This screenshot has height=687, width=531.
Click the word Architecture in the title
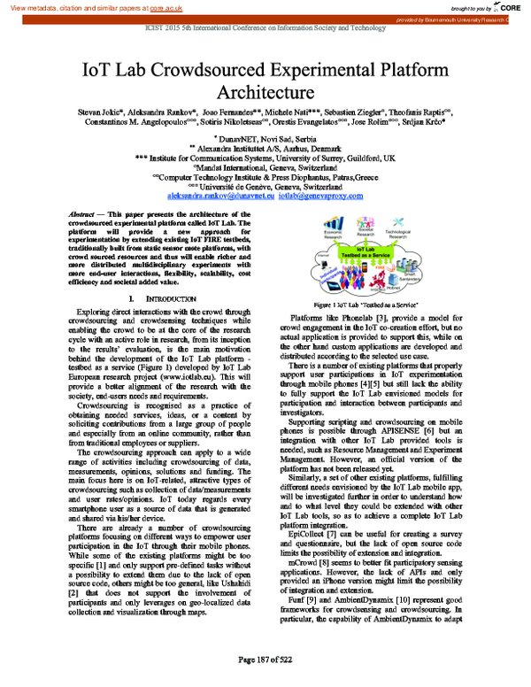(265, 91)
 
